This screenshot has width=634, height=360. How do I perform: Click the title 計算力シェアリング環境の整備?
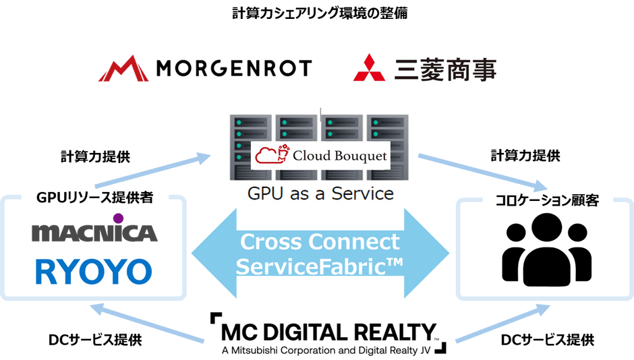coord(320,13)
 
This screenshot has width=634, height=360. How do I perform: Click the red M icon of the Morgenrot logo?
coord(123,69)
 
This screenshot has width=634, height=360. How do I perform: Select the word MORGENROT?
coord(234,68)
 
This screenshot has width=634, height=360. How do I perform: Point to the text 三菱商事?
coord(446,69)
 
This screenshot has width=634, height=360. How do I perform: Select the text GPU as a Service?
coord(320,193)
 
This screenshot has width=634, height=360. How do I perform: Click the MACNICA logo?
coord(94,233)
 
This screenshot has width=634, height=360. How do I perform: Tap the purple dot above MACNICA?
coord(118,218)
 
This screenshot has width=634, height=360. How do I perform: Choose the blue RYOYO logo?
coord(94,272)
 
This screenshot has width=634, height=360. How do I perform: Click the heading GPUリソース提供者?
coord(94,197)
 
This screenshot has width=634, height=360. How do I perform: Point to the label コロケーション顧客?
coord(547,200)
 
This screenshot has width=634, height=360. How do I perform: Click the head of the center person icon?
coord(547,227)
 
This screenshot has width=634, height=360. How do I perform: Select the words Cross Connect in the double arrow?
coord(320,242)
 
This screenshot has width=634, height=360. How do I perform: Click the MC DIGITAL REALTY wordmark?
coord(328,332)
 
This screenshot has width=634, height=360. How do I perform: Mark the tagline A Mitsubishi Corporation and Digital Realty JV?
coord(326,351)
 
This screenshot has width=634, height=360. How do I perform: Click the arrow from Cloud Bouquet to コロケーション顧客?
coord(483,173)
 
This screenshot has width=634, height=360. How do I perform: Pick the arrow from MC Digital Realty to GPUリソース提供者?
coord(147,324)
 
